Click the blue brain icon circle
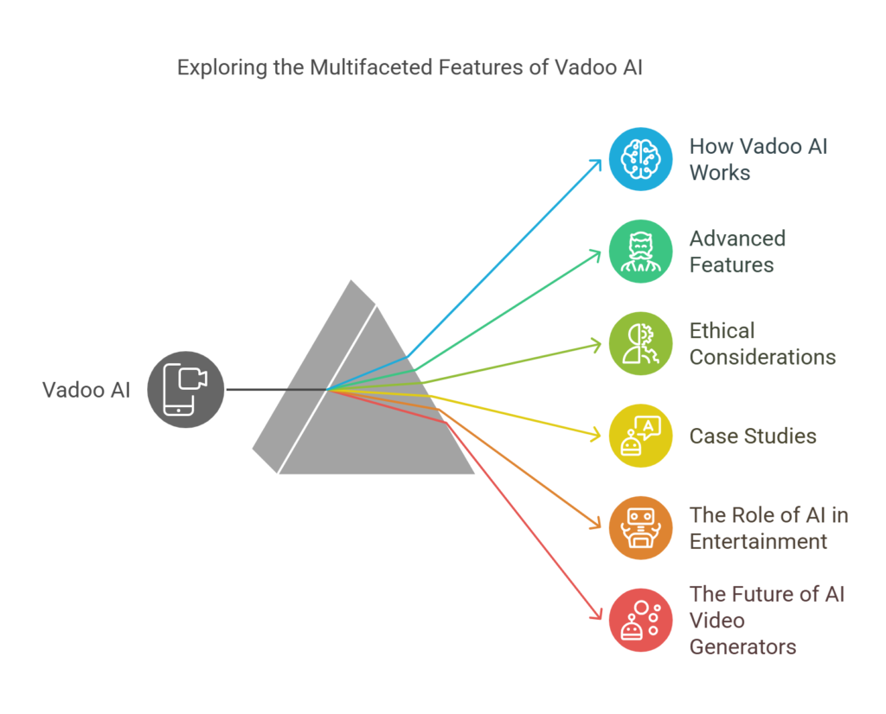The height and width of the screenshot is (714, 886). point(640,159)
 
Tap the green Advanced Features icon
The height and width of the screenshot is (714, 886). point(640,251)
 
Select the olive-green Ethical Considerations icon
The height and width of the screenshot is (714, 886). point(640,343)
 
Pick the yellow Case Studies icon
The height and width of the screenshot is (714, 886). point(640,436)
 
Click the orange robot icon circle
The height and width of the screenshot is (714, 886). point(640,528)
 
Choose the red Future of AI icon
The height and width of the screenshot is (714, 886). point(640,620)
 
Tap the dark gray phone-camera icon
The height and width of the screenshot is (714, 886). point(186,390)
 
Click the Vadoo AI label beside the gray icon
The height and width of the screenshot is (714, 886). point(87,390)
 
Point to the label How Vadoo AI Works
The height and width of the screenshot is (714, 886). point(758,159)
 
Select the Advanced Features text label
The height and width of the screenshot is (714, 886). point(737,251)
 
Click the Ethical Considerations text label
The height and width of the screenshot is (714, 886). point(762,343)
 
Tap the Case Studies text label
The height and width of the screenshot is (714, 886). point(753,436)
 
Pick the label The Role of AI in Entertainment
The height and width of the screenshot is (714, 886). point(768,528)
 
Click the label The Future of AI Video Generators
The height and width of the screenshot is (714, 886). point(767,620)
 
